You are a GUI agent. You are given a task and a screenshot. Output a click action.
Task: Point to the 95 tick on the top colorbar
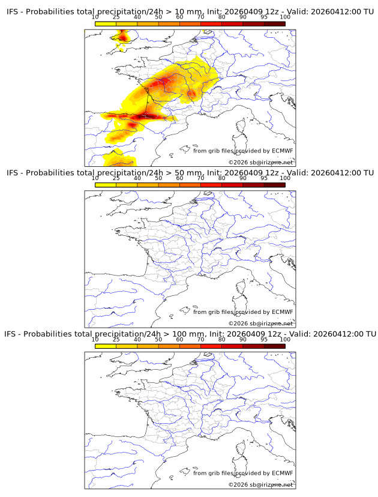(264, 17)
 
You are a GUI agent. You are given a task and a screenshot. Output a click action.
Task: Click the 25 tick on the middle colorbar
(116, 178)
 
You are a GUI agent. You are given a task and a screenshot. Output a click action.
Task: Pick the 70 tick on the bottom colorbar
(201, 339)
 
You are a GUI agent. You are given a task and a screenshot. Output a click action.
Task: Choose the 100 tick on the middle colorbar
(285, 178)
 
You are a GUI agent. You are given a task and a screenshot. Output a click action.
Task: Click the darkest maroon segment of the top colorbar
(274, 23)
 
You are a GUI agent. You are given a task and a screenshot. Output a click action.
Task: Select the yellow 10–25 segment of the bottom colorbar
(106, 346)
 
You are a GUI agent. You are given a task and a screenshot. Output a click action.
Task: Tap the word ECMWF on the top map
(282, 151)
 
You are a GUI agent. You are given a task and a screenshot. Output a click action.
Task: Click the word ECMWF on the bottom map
(282, 473)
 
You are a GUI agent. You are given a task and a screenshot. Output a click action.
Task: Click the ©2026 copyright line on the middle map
(260, 324)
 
